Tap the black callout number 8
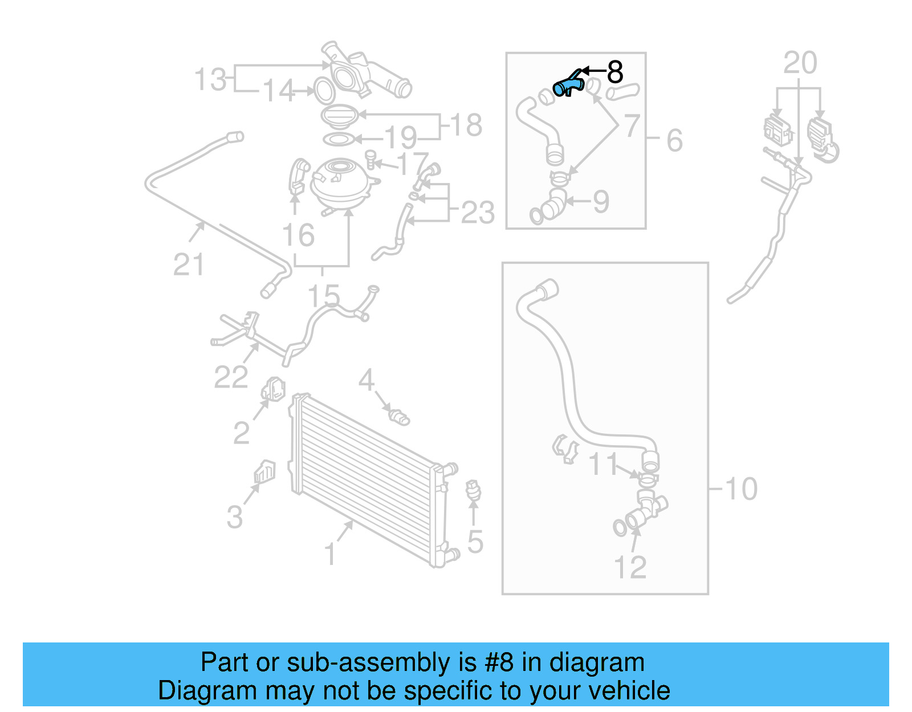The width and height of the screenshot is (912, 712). pyautogui.click(x=615, y=72)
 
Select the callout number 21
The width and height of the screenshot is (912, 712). pyautogui.click(x=189, y=265)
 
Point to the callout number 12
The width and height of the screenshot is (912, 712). pyautogui.click(x=630, y=567)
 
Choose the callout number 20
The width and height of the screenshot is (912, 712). pyautogui.click(x=800, y=63)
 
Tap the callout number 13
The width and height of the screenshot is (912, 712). pyautogui.click(x=210, y=80)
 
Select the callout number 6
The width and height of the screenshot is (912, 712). pyautogui.click(x=674, y=140)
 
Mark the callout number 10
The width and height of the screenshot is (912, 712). pyautogui.click(x=741, y=489)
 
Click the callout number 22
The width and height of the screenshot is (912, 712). pyautogui.click(x=231, y=377)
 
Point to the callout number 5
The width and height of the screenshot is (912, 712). pyautogui.click(x=475, y=542)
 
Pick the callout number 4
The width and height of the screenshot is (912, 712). pyautogui.click(x=366, y=380)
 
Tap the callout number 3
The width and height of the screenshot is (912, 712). pyautogui.click(x=234, y=517)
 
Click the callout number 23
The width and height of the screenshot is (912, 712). pyautogui.click(x=478, y=213)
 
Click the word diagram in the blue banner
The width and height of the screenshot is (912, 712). pyautogui.click(x=597, y=662)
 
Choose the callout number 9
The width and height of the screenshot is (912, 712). pyautogui.click(x=601, y=202)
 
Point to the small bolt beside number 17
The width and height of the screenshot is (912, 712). pyautogui.click(x=371, y=159)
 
